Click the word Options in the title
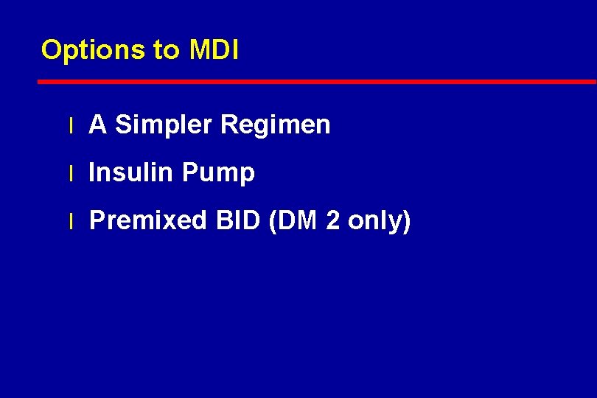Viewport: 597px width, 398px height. (94, 50)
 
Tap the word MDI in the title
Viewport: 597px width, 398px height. (214, 50)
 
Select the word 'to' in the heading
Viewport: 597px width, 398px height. (166, 50)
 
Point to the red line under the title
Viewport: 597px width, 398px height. (317, 81)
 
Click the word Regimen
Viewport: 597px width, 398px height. (275, 125)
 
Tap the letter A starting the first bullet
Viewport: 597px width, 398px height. (98, 125)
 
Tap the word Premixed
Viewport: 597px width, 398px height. (148, 220)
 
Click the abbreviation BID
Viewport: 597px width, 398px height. (239, 220)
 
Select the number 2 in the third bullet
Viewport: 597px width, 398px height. (333, 220)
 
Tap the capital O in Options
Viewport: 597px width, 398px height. (52, 50)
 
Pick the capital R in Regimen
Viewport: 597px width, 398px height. (228, 125)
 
